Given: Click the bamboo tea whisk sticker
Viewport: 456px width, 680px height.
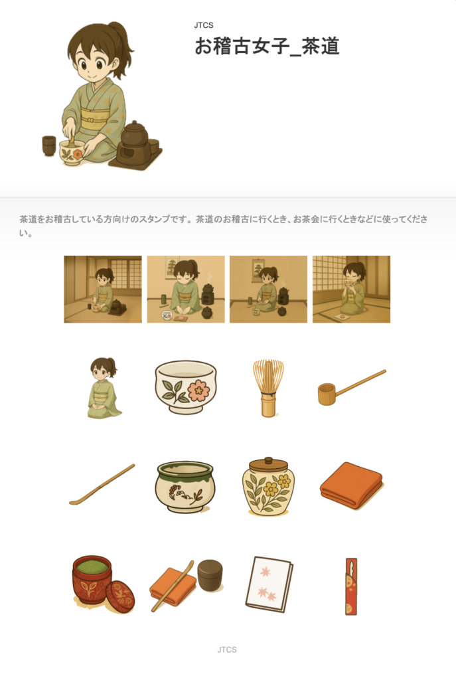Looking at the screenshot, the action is pos(268,387).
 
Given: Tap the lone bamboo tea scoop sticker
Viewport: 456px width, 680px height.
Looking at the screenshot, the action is pos(102,484).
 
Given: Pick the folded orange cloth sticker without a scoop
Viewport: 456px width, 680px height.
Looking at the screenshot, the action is pos(352,485).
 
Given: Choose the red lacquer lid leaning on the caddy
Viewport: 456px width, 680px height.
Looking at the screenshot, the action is pos(120,597).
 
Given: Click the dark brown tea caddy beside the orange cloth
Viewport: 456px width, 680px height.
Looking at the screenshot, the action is pos(210,575).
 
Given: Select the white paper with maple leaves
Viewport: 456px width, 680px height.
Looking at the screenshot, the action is pos(269,584).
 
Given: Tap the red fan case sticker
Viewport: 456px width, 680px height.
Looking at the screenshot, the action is pos(351,586).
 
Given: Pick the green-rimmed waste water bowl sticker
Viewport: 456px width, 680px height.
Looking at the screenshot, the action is pos(185,487).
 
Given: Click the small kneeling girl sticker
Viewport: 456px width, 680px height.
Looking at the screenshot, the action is pos(103,388).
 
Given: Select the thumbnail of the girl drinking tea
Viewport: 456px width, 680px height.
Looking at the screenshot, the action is pos(352,290).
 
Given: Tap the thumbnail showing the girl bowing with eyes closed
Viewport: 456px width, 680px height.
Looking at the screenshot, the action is pos(186,290).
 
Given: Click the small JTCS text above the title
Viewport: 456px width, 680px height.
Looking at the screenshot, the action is pos(204,26).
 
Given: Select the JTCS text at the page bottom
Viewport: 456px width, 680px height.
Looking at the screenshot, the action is pos(227,649).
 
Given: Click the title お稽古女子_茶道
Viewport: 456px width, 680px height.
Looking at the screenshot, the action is pos(267,46).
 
